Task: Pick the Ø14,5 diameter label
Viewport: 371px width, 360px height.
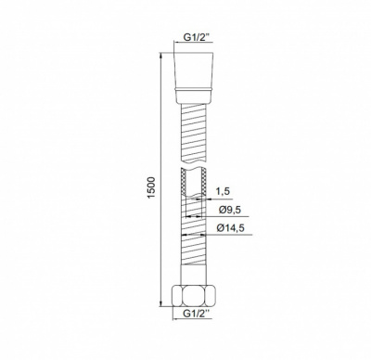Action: (x=229, y=227)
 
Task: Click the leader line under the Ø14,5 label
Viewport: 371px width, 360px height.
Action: (x=223, y=235)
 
